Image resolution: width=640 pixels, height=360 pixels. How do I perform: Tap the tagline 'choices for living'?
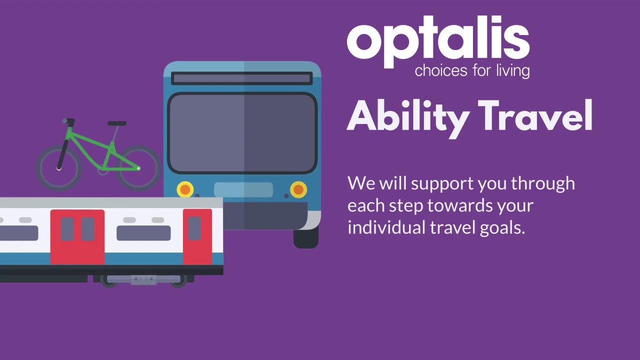[472, 70]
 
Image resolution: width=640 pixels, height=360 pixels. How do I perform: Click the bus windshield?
[242, 133]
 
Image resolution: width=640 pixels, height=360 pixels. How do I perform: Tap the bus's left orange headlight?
[185, 189]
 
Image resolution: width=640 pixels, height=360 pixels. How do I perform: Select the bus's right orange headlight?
[298, 189]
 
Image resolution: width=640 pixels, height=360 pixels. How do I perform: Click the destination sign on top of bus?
[242, 78]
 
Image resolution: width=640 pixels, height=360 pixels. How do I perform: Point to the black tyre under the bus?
[305, 238]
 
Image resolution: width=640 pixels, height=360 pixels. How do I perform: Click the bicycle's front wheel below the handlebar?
[58, 167]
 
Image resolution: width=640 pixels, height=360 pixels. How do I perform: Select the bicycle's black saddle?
[117, 123]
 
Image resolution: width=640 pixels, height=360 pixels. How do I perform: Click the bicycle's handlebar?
[68, 121]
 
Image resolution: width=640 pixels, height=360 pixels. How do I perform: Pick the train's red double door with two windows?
[77, 236]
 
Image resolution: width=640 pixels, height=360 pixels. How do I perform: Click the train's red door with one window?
[197, 236]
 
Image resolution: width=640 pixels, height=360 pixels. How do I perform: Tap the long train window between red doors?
[143, 233]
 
